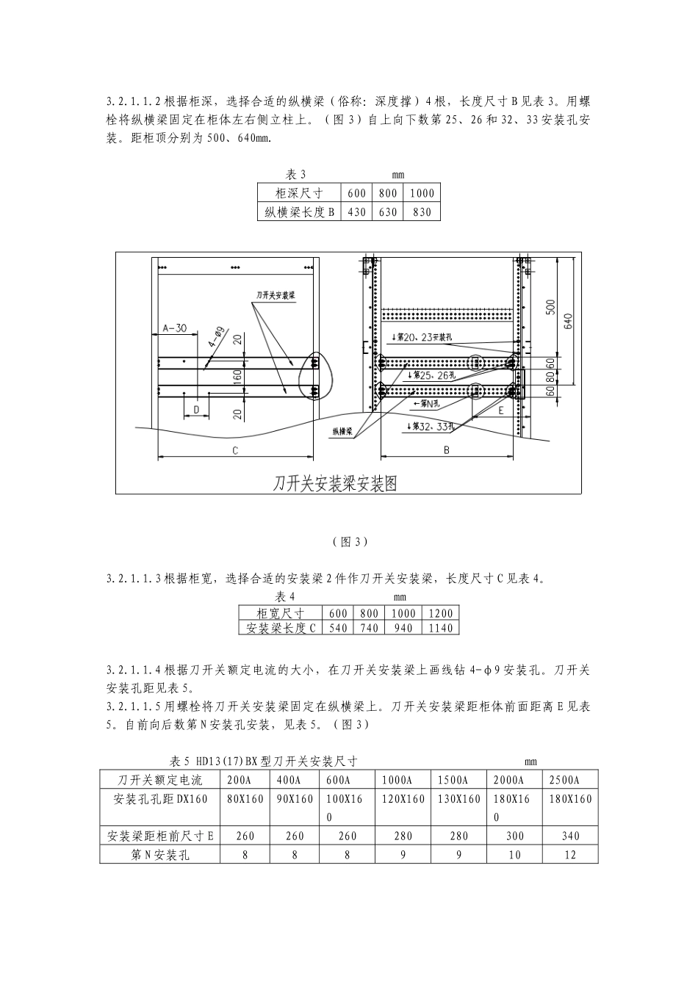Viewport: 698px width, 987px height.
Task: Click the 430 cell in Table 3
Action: coord(356,212)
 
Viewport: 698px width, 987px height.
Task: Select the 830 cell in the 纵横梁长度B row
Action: coord(422,212)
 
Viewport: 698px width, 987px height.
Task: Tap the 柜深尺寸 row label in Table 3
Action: coord(299,193)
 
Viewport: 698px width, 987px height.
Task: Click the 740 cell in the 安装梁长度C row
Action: coord(369,628)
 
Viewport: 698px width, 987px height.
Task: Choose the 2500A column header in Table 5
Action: coord(564,780)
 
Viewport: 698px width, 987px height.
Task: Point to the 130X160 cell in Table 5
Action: coord(459,799)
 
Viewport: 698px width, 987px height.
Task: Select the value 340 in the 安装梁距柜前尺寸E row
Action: coord(569,836)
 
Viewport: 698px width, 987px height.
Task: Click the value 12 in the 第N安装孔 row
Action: coord(569,855)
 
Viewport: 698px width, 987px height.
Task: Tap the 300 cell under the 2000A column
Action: coord(514,836)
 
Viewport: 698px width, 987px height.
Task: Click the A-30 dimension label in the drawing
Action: coord(175,328)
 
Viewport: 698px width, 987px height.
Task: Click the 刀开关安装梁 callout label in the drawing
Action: coord(276,295)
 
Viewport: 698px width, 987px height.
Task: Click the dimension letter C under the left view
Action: coord(235,451)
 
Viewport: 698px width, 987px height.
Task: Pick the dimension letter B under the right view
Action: coord(446,451)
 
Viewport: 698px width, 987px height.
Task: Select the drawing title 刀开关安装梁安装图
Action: coord(335,483)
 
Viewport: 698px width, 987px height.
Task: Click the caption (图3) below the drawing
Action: coord(349,542)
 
